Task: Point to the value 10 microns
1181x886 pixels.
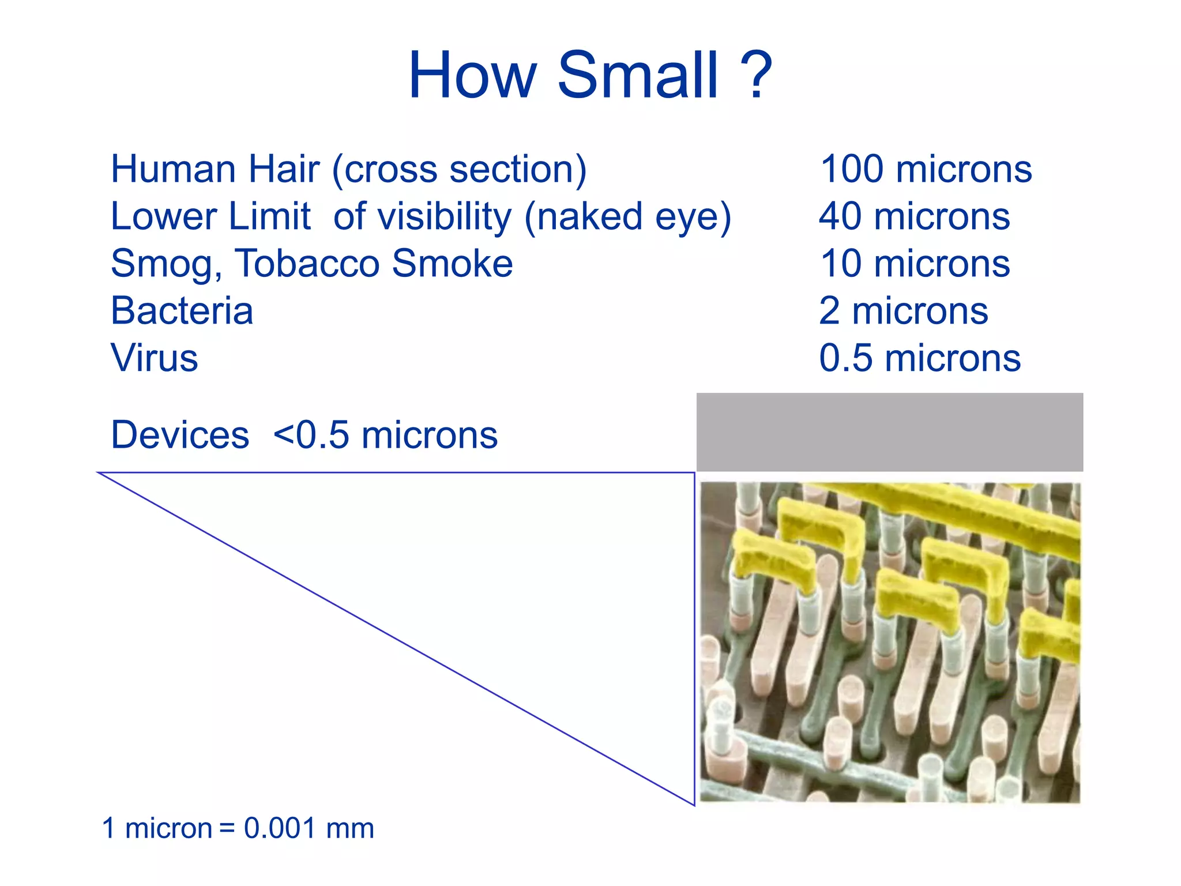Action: pos(915,264)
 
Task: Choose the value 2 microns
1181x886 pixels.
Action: pos(904,311)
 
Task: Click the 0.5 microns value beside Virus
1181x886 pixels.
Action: pos(920,358)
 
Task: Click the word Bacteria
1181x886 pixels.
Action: pos(182,311)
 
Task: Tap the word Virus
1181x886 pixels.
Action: pos(155,358)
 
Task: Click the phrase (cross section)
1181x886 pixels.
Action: pos(459,170)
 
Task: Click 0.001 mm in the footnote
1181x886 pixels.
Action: pos(309,828)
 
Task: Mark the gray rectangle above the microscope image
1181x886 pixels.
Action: pos(889,432)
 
